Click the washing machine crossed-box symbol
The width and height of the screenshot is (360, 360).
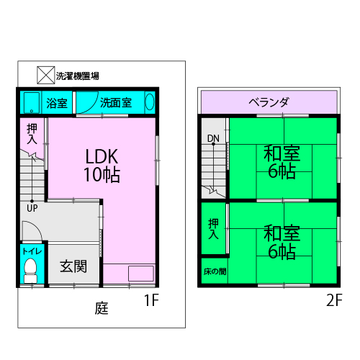tap(46, 75)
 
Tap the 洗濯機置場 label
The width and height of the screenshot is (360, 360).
tap(78, 76)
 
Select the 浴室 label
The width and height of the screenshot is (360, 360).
tap(57, 103)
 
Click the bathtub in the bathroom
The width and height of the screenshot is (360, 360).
tap(32, 102)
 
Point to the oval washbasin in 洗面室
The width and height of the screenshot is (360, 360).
tap(150, 102)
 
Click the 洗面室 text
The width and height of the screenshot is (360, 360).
tap(116, 103)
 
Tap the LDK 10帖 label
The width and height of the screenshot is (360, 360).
tap(102, 166)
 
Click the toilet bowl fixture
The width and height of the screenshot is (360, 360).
tap(30, 271)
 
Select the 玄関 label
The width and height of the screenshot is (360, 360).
tap(73, 266)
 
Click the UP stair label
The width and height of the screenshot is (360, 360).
tap(32, 208)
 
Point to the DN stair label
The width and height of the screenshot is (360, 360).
tap(213, 138)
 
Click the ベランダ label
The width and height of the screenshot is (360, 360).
tap(269, 102)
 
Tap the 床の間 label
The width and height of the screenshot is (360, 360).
tap(215, 271)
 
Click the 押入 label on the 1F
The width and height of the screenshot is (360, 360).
tap(32, 134)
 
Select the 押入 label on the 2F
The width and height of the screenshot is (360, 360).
tap(213, 229)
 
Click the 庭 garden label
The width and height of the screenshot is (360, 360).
tap(102, 308)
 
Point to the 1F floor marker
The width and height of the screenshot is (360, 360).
tap(151, 300)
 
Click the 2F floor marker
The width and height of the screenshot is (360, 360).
tap(334, 300)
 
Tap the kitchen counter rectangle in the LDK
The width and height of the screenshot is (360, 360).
tap(141, 274)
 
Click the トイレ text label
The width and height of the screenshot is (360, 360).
tap(32, 251)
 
